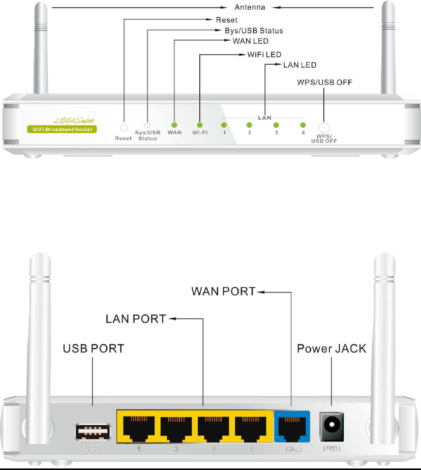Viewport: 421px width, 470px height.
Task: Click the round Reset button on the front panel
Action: click(123, 128)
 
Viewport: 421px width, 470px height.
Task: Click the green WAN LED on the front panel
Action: click(174, 125)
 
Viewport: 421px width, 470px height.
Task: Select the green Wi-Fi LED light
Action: click(200, 125)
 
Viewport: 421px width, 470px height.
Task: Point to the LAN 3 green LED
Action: click(276, 125)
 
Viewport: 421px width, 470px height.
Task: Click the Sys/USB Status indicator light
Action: click(147, 125)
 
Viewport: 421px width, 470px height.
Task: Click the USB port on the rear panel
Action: click(92, 432)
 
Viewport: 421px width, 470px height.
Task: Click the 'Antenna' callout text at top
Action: click(249, 8)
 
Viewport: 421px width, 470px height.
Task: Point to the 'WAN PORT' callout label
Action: click(224, 292)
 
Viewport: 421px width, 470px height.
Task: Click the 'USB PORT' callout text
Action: click(93, 349)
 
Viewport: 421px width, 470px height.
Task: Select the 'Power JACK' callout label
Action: click(332, 349)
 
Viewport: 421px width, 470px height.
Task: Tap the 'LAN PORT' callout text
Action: click(135, 319)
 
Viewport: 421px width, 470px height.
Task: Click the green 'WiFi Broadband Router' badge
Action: click(62, 129)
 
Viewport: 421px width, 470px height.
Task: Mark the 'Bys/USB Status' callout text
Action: click(254, 31)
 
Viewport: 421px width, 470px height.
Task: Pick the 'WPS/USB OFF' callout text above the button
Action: click(324, 82)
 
